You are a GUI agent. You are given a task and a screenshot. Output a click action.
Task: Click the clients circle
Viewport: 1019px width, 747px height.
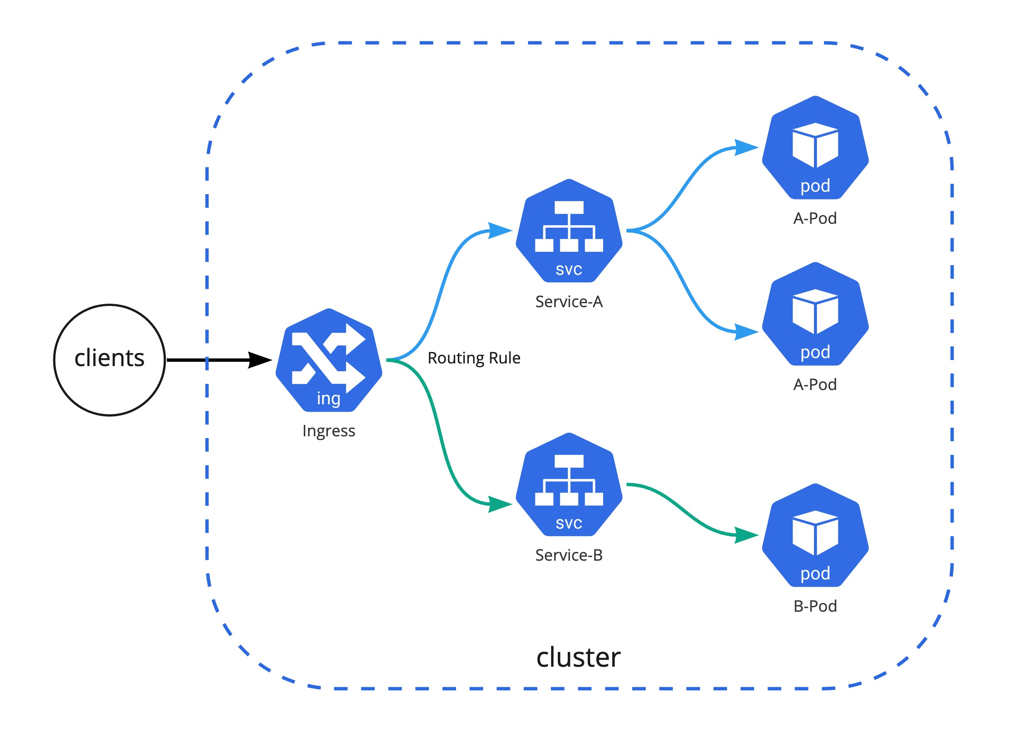110,360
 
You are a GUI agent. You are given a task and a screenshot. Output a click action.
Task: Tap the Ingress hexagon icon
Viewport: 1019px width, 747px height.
329,360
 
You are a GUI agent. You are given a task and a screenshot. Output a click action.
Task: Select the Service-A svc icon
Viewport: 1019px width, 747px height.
569,231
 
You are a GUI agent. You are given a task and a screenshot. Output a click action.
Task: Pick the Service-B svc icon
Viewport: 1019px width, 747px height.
569,484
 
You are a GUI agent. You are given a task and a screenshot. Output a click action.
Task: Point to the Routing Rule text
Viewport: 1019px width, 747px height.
474,358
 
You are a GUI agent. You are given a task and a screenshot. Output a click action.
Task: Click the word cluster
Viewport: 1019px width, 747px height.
579,658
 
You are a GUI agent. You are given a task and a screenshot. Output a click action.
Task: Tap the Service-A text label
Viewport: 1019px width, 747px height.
569,302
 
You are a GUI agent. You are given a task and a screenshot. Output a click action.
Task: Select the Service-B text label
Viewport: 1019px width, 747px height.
569,555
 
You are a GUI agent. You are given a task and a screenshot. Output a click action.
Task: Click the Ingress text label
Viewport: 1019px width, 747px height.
329,431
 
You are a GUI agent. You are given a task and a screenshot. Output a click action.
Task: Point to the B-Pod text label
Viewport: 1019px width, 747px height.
815,606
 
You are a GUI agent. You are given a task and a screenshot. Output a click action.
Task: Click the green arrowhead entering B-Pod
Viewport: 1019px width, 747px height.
746,535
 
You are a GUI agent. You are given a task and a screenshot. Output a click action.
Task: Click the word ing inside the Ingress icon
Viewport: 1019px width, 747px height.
329,398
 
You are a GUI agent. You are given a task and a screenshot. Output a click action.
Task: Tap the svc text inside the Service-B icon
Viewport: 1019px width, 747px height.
569,523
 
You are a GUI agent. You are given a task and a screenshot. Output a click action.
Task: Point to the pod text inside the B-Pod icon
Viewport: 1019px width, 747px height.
815,573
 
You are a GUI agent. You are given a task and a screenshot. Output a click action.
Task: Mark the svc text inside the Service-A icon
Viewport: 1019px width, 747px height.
569,270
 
